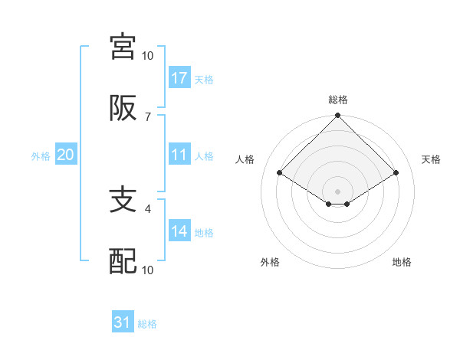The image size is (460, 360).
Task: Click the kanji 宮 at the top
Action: (123, 47)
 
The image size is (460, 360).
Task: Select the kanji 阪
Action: (123, 110)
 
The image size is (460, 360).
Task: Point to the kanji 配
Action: (123, 262)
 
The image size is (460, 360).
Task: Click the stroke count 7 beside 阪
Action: (147, 116)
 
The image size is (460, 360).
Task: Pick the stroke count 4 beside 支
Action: (147, 207)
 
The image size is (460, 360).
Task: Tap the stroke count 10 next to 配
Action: (147, 270)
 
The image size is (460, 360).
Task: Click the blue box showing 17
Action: (179, 78)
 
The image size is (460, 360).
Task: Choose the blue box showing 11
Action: (179, 155)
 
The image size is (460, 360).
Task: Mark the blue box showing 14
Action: (179, 231)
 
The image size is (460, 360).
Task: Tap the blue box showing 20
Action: (65, 155)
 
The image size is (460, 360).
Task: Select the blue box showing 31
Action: (123, 322)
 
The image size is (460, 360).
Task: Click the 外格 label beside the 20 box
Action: (41, 156)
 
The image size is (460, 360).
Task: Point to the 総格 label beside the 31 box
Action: (147, 324)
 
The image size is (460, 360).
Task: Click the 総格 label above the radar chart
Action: (338, 100)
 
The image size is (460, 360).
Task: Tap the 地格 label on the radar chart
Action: (402, 262)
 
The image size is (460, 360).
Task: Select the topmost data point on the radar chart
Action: (338, 116)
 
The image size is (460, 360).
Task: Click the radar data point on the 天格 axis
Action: (396, 172)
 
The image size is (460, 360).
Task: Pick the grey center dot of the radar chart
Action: (338, 191)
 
